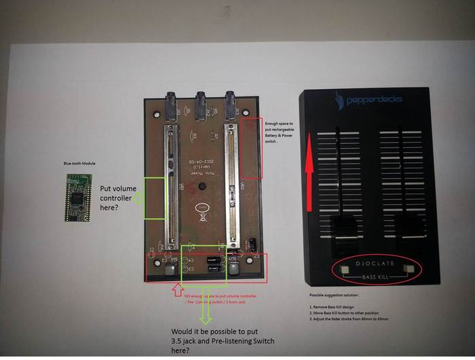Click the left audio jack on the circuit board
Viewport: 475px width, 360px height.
coord(170,105)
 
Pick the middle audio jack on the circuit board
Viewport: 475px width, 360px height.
coord(200,104)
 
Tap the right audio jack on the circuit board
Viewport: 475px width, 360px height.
coord(231,104)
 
